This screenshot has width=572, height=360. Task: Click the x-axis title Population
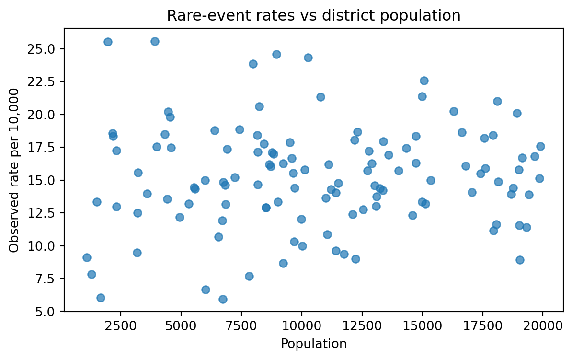click(x=313, y=344)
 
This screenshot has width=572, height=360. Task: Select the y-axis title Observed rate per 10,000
click(x=14, y=170)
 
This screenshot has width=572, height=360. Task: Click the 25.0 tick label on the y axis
click(x=44, y=49)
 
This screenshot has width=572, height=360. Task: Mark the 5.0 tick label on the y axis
click(x=46, y=312)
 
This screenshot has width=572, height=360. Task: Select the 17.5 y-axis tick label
click(x=44, y=147)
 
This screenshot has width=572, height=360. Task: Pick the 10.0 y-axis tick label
click(x=44, y=246)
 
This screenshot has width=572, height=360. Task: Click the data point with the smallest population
click(x=87, y=257)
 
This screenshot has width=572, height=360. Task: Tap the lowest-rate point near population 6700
click(x=223, y=299)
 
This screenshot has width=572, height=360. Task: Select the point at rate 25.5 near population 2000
click(x=108, y=42)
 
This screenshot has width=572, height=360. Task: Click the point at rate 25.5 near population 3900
click(x=155, y=41)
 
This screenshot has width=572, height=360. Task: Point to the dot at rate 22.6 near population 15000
click(x=424, y=81)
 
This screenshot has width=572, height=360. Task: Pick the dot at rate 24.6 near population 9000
click(x=276, y=54)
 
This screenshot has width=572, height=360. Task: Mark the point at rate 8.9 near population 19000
click(x=520, y=260)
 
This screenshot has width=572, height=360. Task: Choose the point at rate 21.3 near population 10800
click(x=320, y=97)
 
